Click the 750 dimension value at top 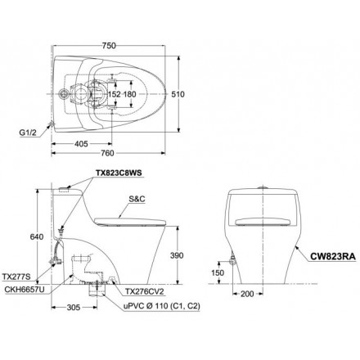pos(109,46)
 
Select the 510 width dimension pos(178,94)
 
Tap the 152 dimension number pos(114,94)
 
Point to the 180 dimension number pos(129,94)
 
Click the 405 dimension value pos(81,144)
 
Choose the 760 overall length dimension pos(107,153)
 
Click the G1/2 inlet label pos(28,133)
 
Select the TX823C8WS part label pos(119,173)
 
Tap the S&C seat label pos(137,199)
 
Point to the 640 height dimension pos(37,237)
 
